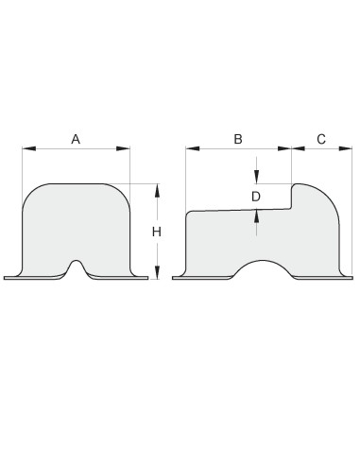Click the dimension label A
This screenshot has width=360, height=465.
point(76,139)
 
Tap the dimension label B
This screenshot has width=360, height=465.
point(238,139)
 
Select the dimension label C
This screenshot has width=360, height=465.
point(321,139)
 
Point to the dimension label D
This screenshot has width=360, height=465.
point(256,197)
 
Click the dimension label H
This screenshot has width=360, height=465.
point(157,232)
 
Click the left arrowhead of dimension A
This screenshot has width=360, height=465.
point(29,148)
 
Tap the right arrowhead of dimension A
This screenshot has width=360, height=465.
point(123,148)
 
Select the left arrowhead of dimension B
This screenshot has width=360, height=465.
point(193,148)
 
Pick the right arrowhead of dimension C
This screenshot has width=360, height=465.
point(345,148)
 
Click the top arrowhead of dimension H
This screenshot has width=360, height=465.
point(158,191)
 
